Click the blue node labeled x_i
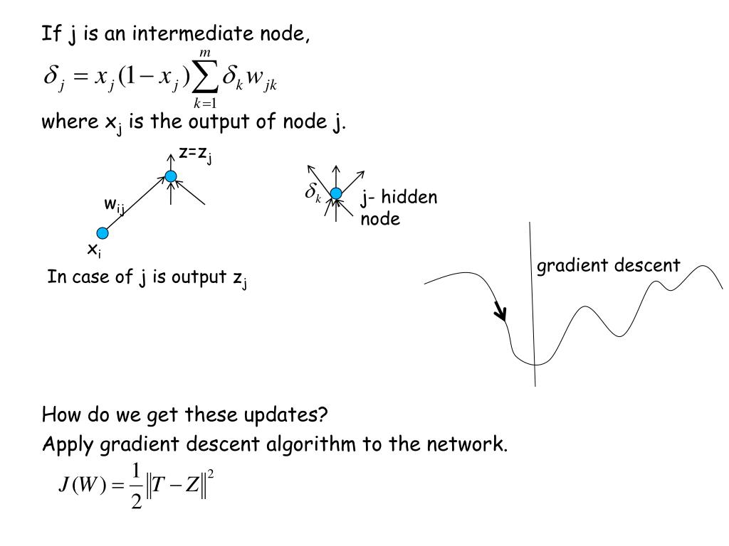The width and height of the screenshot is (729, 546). (x=103, y=232)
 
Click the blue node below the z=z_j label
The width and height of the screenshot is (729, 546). (x=171, y=176)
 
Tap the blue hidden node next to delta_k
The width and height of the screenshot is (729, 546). (x=336, y=193)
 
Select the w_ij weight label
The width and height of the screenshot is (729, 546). (x=115, y=205)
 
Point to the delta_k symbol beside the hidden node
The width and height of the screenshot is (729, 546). (x=313, y=193)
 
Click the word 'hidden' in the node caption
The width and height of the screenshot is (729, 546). (x=409, y=198)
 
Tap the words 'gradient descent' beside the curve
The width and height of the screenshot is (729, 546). (x=608, y=266)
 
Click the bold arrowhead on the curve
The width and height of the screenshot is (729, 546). (x=501, y=312)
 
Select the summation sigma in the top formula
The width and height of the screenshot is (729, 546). (x=206, y=79)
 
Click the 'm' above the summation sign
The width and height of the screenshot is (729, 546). (x=205, y=54)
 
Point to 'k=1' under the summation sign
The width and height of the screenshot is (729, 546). (x=205, y=105)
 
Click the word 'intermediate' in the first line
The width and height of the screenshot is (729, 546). (x=183, y=33)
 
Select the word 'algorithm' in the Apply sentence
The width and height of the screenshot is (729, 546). (x=315, y=445)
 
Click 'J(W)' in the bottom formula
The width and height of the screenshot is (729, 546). (x=80, y=486)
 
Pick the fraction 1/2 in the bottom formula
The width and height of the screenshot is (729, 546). (x=135, y=486)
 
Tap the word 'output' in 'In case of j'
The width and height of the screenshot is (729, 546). (x=197, y=277)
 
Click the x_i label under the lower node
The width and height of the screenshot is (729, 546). (x=93, y=250)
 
